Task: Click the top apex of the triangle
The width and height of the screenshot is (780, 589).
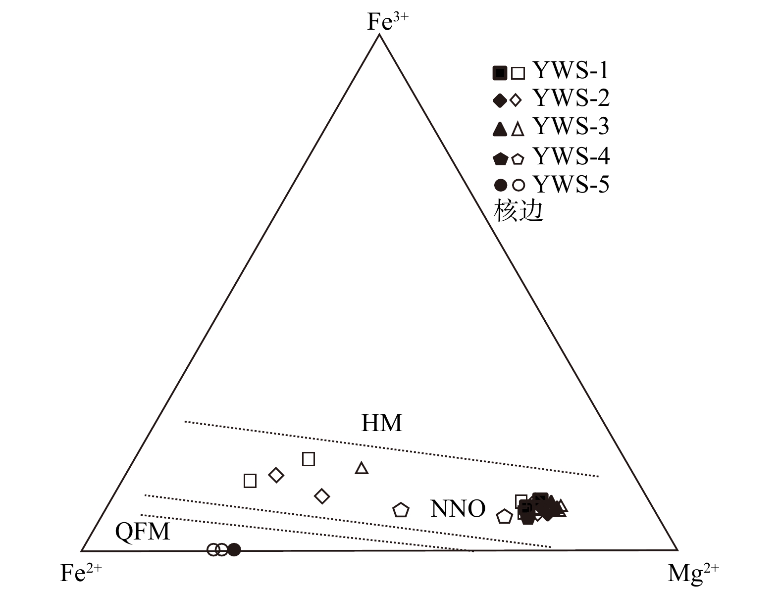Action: tap(379, 34)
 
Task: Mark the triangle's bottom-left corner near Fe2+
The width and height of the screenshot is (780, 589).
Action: tap(81, 551)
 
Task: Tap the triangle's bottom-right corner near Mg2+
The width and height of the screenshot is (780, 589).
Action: tap(677, 550)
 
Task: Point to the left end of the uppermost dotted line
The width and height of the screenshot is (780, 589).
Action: tap(185, 421)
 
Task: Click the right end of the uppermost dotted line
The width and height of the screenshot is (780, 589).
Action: tap(598, 476)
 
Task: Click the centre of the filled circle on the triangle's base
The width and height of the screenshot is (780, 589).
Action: tap(234, 549)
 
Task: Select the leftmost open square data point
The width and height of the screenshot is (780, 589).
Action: tap(250, 481)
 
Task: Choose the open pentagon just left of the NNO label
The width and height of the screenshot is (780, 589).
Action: tap(401, 510)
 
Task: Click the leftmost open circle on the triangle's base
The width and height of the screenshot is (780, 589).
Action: tap(213, 549)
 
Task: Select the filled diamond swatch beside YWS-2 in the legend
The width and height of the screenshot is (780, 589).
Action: tap(500, 100)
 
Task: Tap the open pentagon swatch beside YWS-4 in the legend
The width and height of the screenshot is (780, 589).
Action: tap(518, 159)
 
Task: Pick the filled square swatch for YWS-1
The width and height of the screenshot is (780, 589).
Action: tap(500, 73)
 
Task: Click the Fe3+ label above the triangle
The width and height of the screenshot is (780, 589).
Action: tap(387, 21)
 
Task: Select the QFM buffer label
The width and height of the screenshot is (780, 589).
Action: tap(143, 532)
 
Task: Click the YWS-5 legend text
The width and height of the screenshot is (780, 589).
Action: tap(571, 185)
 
